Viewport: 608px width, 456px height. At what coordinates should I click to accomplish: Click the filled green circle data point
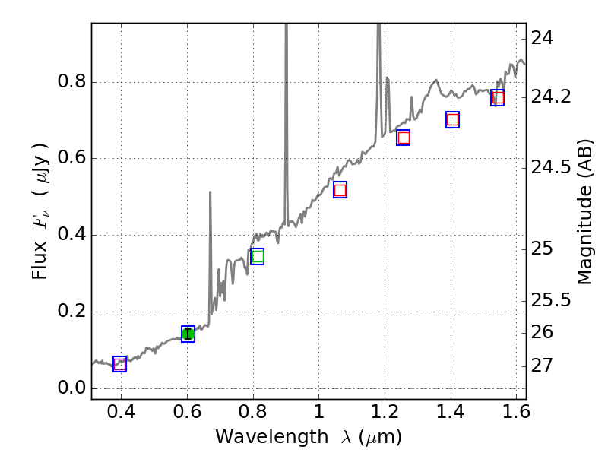(x=188, y=334)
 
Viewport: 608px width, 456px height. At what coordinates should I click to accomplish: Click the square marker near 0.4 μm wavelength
(x=119, y=364)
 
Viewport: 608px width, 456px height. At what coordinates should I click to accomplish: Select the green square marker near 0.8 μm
(x=257, y=256)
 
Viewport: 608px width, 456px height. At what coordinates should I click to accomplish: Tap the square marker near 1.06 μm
(x=340, y=190)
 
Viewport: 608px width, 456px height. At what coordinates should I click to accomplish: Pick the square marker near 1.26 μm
(x=404, y=138)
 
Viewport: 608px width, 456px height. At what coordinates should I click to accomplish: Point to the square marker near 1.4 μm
(x=452, y=119)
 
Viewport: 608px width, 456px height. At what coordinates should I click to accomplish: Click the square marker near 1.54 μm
(x=498, y=97)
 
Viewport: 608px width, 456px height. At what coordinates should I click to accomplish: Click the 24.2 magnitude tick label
(x=553, y=97)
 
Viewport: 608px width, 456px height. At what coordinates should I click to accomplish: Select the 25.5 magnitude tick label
(x=553, y=300)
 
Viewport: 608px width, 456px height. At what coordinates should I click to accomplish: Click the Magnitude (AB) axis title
(x=584, y=211)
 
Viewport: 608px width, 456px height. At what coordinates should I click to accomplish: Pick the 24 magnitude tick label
(x=543, y=38)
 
